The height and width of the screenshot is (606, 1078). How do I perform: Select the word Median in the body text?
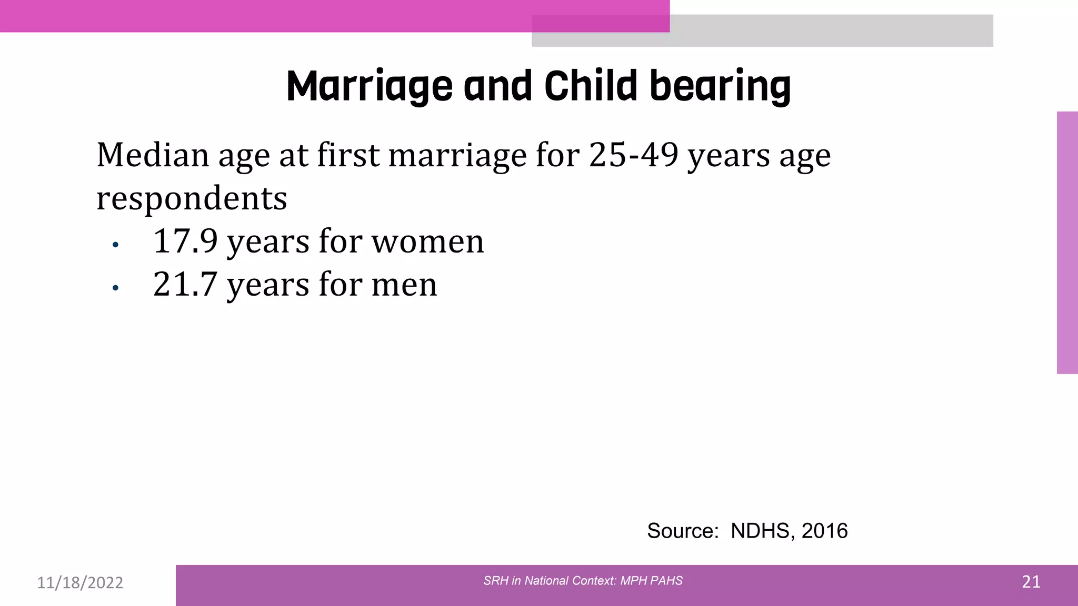click(153, 156)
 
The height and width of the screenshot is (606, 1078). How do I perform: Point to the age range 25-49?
click(633, 156)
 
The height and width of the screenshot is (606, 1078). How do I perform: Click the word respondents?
click(192, 199)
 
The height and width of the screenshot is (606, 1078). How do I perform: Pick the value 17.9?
click(185, 241)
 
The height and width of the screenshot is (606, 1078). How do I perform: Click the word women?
click(427, 242)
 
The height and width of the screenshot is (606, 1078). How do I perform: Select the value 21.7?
click(185, 285)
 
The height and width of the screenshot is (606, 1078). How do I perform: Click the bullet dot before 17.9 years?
click(116, 245)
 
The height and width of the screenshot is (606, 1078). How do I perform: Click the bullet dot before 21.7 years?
click(116, 288)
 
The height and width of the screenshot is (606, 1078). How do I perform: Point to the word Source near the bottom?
click(682, 531)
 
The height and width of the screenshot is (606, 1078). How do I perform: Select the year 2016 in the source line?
click(825, 531)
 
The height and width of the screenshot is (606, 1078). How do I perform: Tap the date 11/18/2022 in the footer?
click(80, 583)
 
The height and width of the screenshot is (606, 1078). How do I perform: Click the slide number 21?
click(1031, 582)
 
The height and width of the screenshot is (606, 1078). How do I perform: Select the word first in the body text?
click(348, 156)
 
